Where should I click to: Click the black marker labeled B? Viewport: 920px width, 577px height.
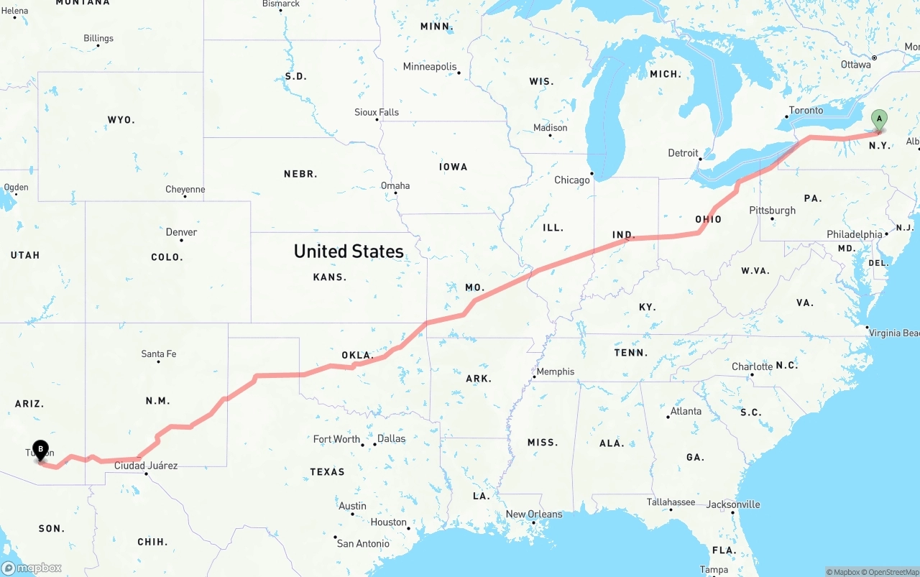tap(41, 450)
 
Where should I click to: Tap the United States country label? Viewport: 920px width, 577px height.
tap(349, 251)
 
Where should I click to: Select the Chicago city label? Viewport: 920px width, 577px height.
tap(571, 180)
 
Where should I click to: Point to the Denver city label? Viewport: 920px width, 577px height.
tap(181, 232)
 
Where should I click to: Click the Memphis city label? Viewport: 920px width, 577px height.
tap(556, 371)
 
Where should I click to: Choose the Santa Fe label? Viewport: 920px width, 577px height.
tap(159, 354)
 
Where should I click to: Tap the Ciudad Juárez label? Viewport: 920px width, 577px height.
tap(146, 465)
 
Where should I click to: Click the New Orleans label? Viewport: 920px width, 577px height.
tap(534, 514)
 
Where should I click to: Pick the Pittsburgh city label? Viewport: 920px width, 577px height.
tap(773, 210)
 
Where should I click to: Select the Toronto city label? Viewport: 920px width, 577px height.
tap(806, 110)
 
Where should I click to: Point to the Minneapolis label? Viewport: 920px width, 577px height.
tap(430, 67)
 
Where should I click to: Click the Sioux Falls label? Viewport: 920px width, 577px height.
tap(377, 112)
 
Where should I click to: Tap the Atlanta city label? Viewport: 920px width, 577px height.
tap(686, 411)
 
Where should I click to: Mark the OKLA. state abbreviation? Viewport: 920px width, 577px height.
tap(357, 355)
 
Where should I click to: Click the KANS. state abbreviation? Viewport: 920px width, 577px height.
tap(330, 277)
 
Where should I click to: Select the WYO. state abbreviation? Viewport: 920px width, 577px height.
tap(121, 119)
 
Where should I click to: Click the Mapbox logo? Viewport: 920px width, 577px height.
tap(32, 568)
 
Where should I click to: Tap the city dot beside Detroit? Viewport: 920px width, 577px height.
tap(701, 159)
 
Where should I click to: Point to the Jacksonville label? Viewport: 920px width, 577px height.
tap(732, 504)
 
